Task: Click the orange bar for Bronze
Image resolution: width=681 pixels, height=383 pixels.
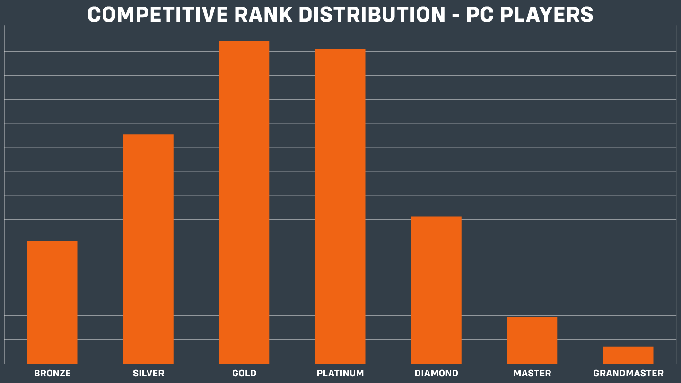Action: coord(52,302)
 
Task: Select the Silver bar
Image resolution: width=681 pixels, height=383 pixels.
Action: coord(148,249)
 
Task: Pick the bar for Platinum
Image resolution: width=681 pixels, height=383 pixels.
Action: coord(340,206)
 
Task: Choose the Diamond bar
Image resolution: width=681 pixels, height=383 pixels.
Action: coord(436,290)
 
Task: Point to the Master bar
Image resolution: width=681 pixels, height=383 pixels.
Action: coord(532,340)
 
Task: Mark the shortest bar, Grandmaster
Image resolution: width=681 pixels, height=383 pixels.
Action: coord(628,355)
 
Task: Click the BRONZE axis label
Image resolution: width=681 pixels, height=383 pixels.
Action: coord(52,374)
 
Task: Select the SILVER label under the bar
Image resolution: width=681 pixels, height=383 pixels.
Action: coord(148,374)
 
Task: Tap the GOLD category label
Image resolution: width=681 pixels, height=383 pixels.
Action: coord(244,374)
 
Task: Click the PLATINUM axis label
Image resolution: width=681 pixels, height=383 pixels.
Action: coord(340,374)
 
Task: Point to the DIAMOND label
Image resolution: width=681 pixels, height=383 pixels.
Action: coord(436,374)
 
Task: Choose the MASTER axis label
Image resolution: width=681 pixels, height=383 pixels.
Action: coord(532,374)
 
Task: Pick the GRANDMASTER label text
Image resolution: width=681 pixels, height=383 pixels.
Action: coord(628,374)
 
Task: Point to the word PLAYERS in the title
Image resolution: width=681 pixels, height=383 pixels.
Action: coord(548,15)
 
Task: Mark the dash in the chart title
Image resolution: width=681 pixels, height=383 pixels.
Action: coord(456,16)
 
